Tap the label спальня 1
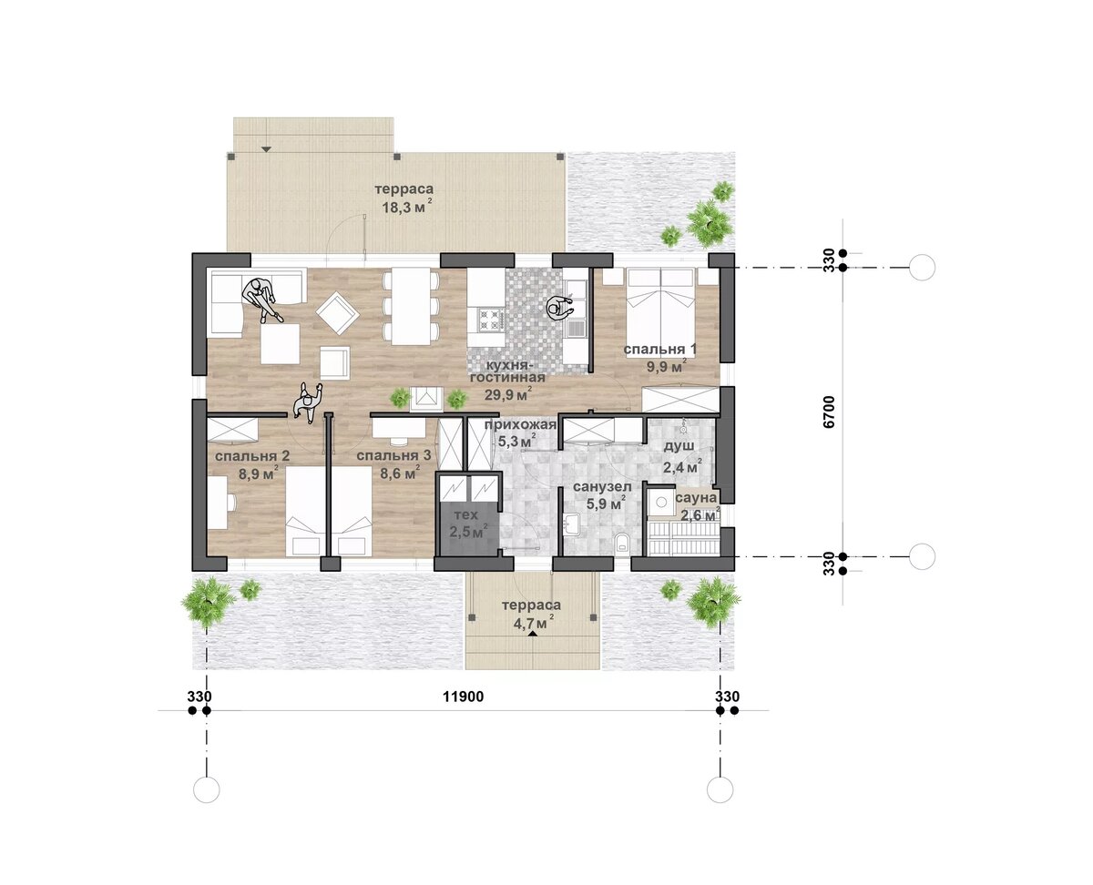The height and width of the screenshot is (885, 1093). click(660, 350)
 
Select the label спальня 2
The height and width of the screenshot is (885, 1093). click(252, 455)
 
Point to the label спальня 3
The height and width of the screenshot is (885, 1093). click(393, 455)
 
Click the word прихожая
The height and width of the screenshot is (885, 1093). click(520, 424)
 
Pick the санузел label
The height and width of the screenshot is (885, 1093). click(602, 486)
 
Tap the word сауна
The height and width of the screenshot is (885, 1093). click(696, 498)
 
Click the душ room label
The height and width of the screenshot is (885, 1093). click(679, 446)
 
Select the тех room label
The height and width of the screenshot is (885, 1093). click(466, 514)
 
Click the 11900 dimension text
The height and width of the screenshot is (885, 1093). click(463, 697)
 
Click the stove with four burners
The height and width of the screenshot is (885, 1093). click(488, 319)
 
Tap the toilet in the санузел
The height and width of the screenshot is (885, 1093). click(622, 543)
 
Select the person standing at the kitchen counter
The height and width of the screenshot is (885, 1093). click(560, 308)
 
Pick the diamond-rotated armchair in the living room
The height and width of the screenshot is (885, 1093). click(337, 313)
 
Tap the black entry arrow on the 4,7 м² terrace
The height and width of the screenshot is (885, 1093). click(532, 634)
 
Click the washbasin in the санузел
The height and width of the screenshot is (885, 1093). click(570, 524)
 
